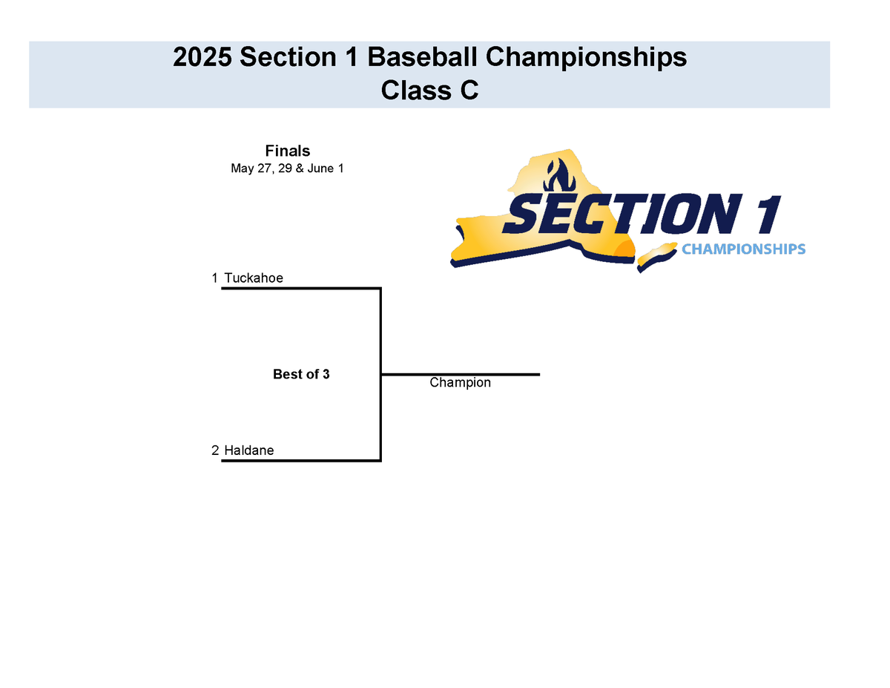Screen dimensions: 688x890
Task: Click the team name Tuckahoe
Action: point(254,278)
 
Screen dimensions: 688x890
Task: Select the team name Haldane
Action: point(248,451)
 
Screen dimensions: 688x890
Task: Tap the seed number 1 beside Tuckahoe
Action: point(214,278)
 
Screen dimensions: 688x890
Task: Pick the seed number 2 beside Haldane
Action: point(214,451)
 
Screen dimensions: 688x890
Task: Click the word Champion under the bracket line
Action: point(460,383)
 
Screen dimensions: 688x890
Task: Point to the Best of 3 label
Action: point(301,375)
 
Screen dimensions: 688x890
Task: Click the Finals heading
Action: point(287,151)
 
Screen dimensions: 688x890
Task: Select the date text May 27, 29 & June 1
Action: point(287,169)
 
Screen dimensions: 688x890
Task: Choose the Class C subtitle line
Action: point(429,91)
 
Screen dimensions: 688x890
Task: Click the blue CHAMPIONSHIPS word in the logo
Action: point(743,249)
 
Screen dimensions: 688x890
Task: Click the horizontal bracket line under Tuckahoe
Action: point(300,288)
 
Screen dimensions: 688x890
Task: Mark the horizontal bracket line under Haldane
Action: point(300,460)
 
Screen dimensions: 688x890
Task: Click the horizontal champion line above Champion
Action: point(460,374)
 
